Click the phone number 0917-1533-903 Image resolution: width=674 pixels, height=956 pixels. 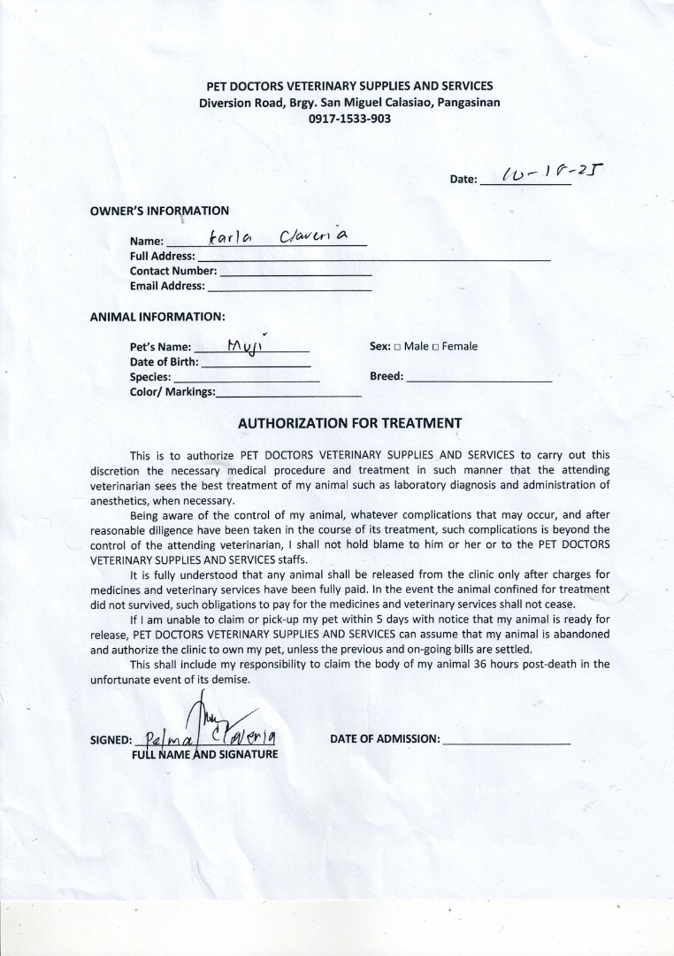click(x=349, y=119)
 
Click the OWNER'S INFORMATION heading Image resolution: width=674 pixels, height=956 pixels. click(x=159, y=211)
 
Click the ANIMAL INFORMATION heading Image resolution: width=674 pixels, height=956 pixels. click(x=157, y=316)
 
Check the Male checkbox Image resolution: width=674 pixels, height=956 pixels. click(x=397, y=347)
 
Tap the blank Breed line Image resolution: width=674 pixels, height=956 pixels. click(x=479, y=377)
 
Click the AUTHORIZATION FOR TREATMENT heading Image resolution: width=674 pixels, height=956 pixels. click(x=349, y=423)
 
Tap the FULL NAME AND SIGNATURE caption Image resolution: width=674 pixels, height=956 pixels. click(x=204, y=754)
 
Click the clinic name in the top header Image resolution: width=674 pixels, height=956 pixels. click(x=349, y=86)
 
